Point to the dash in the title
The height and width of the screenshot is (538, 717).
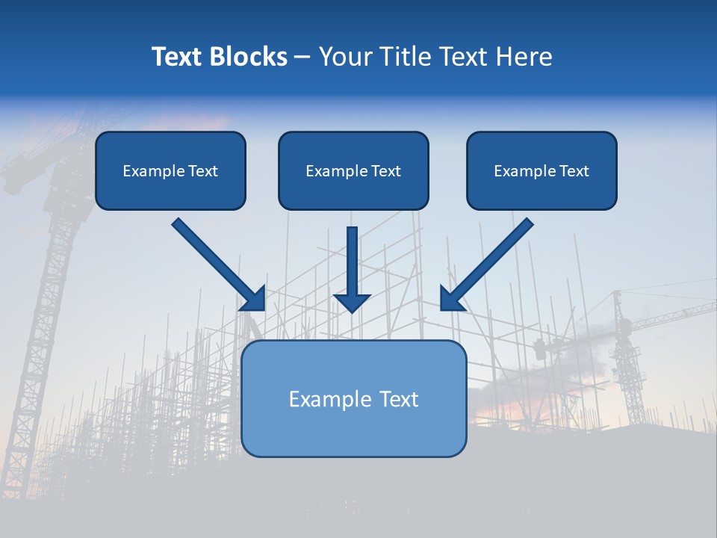tap(302, 58)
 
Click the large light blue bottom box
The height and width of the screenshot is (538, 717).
tap(353, 426)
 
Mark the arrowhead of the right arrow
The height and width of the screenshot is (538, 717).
tap(451, 299)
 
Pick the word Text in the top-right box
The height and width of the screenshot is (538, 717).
tap(574, 171)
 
